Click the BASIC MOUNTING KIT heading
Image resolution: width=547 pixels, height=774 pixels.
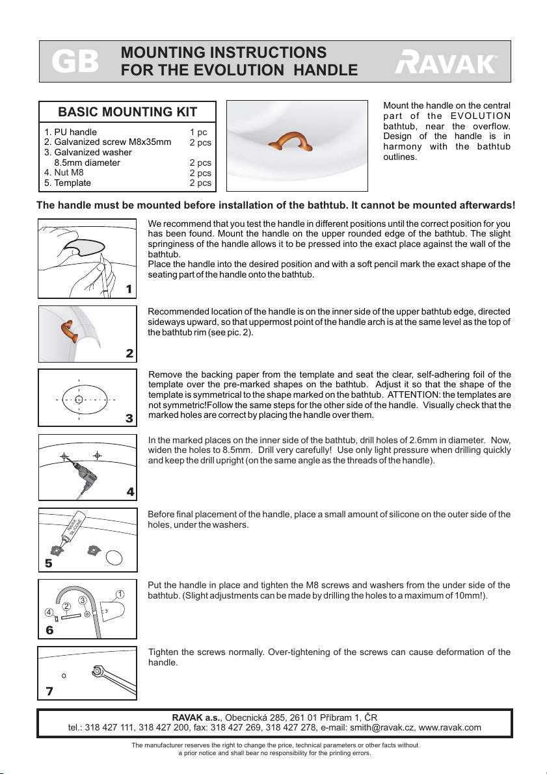coord(128,110)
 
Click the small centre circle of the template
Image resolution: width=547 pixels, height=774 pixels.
coord(79,398)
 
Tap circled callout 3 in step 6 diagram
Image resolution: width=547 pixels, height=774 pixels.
coord(83,600)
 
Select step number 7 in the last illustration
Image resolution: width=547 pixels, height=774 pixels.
coord(49,691)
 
